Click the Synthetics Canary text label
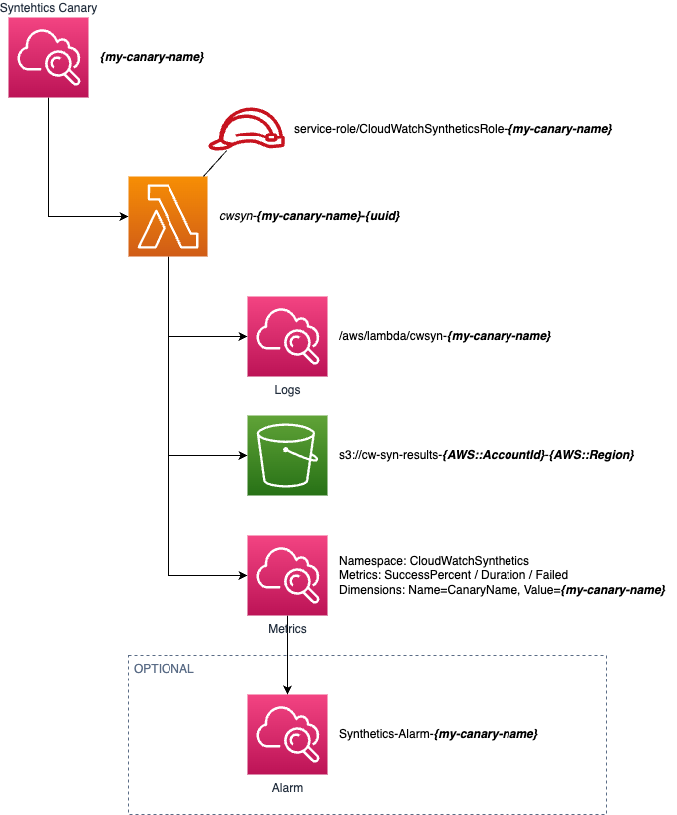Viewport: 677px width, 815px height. click(x=48, y=8)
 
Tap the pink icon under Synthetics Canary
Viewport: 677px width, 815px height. click(x=48, y=57)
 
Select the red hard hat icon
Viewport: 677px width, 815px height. click(x=247, y=130)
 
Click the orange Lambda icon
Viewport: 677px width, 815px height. click(x=168, y=216)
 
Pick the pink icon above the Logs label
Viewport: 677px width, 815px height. click(x=287, y=336)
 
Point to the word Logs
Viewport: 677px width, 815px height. click(x=287, y=390)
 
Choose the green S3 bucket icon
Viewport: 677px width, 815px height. click(x=287, y=455)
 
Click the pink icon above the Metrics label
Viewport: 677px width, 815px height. click(x=287, y=575)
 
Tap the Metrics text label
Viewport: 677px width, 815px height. click(x=287, y=629)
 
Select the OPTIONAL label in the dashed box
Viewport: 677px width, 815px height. click(x=164, y=668)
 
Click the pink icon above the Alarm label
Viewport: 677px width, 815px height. click(x=287, y=734)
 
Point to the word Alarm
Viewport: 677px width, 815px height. click(x=287, y=788)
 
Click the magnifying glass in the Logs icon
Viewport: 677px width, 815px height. click(x=300, y=345)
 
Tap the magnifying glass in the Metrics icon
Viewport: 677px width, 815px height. click(x=300, y=584)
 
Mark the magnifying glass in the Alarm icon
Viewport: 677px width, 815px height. click(x=300, y=743)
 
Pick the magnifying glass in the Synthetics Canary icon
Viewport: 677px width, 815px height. click(x=61, y=66)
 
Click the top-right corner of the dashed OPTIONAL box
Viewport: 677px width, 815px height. click(x=605, y=656)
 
